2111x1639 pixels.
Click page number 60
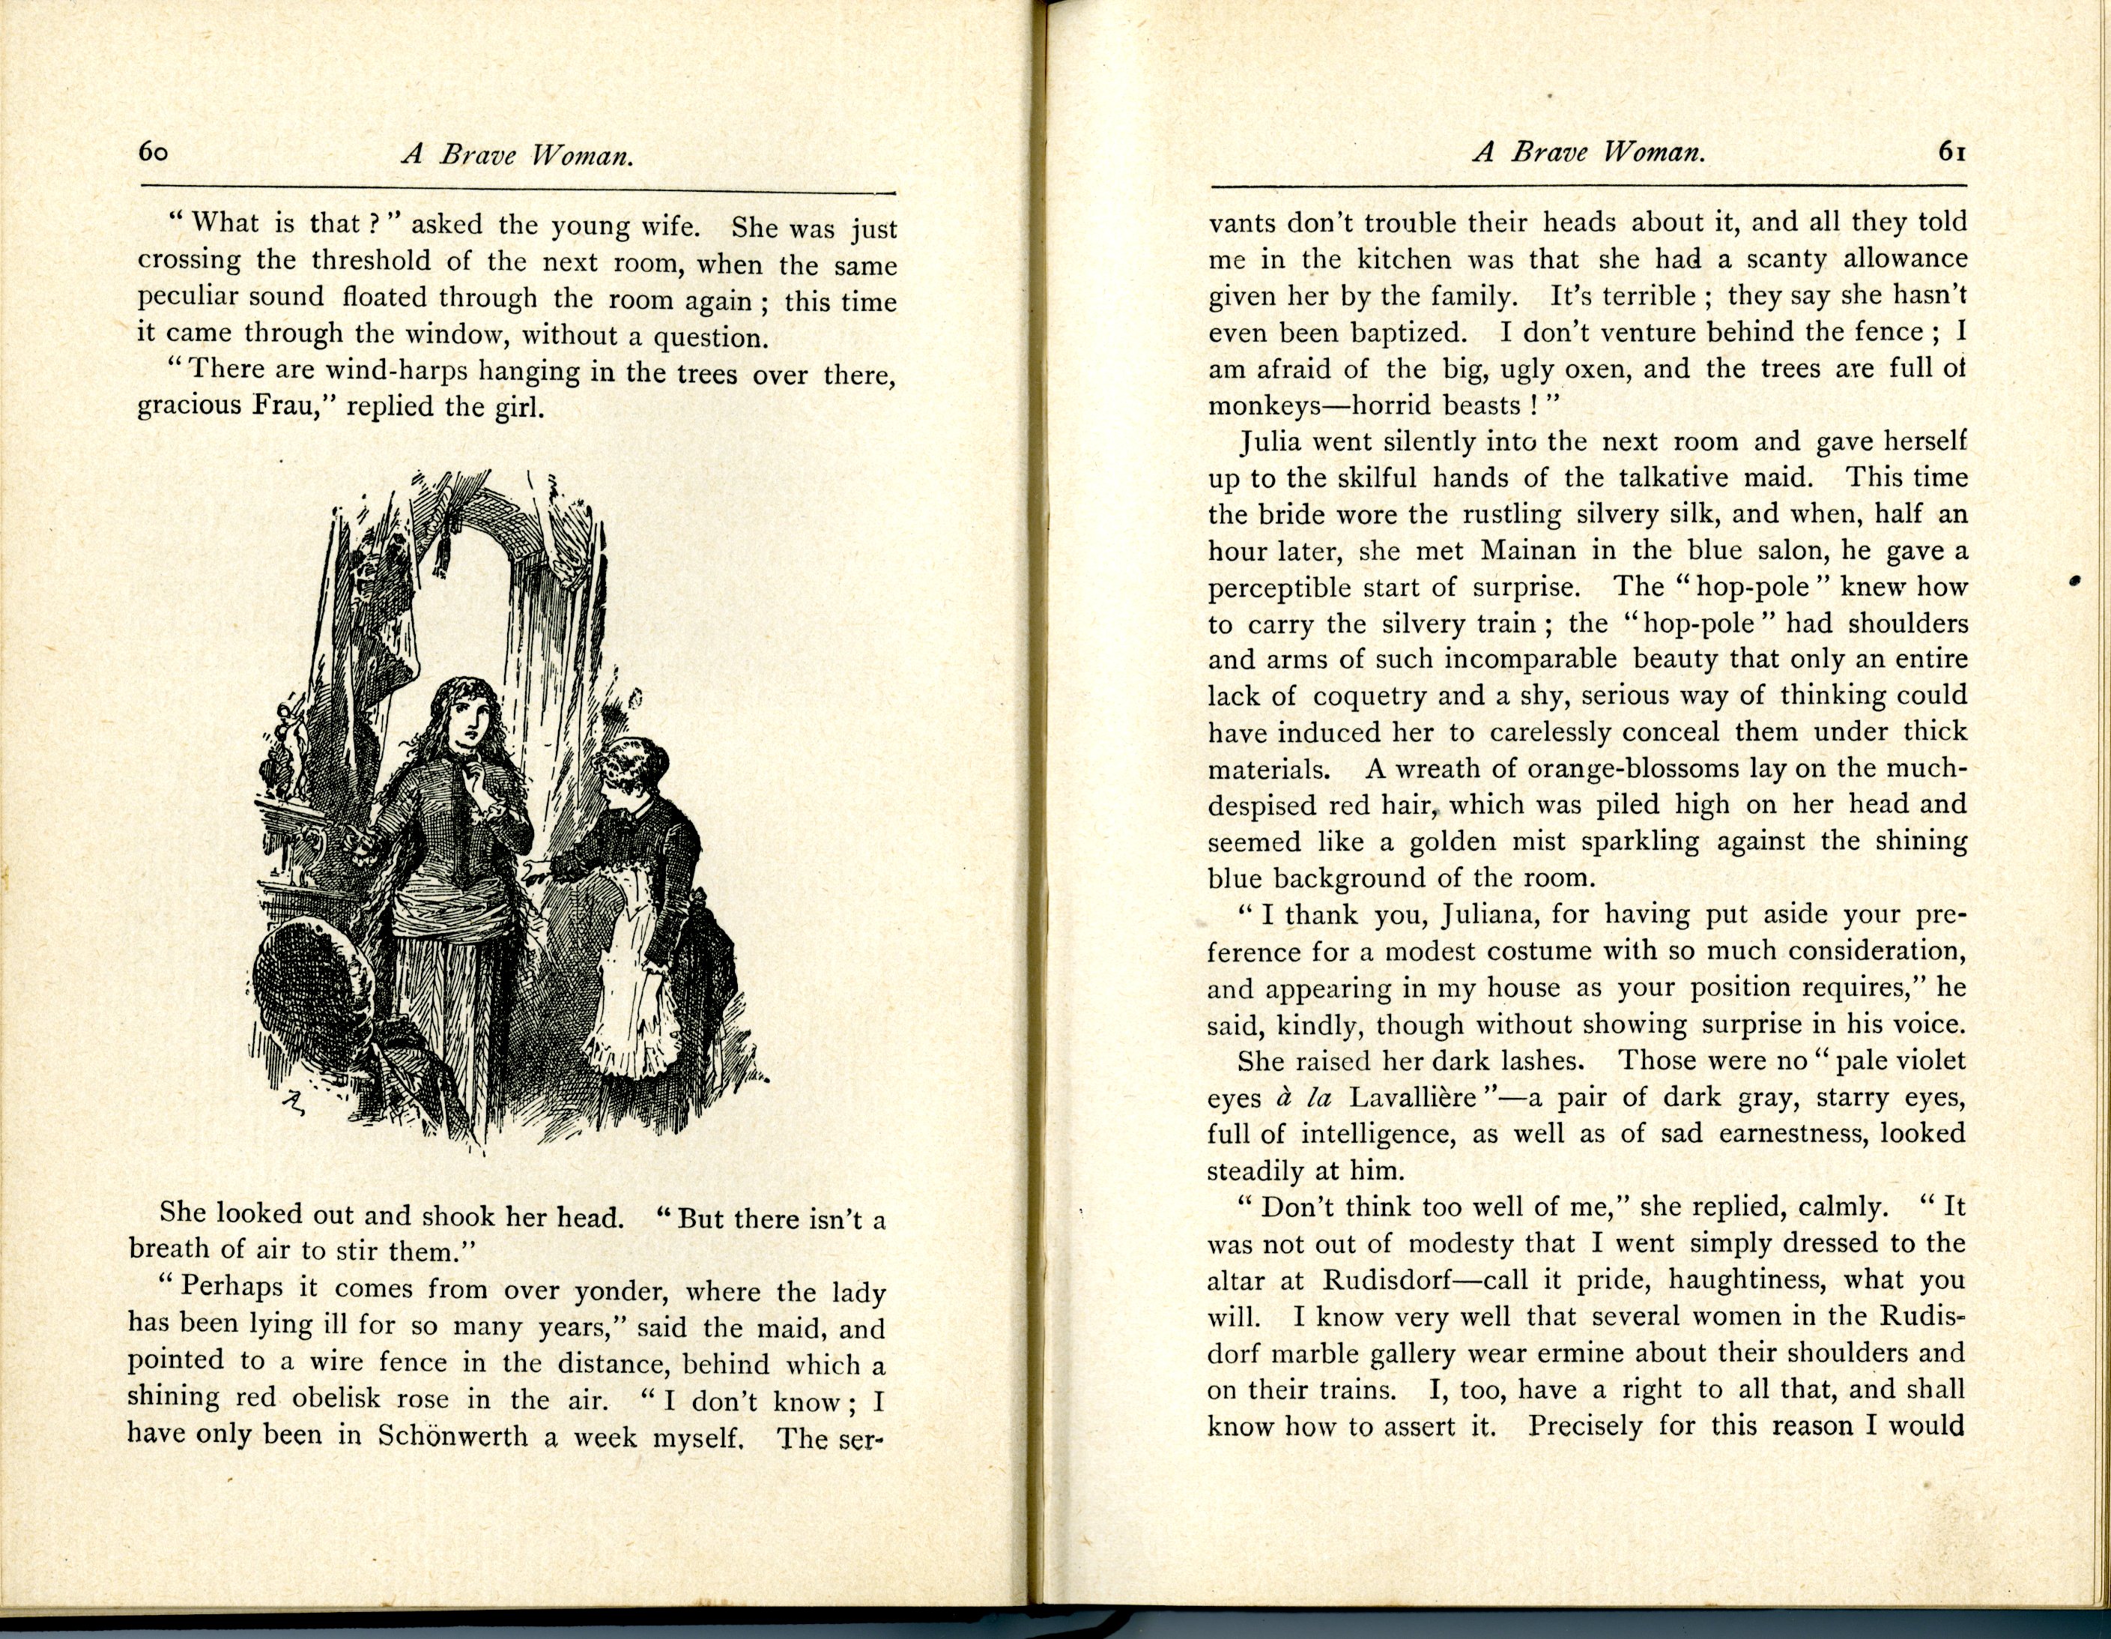[154, 152]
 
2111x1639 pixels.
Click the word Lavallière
[1414, 1097]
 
